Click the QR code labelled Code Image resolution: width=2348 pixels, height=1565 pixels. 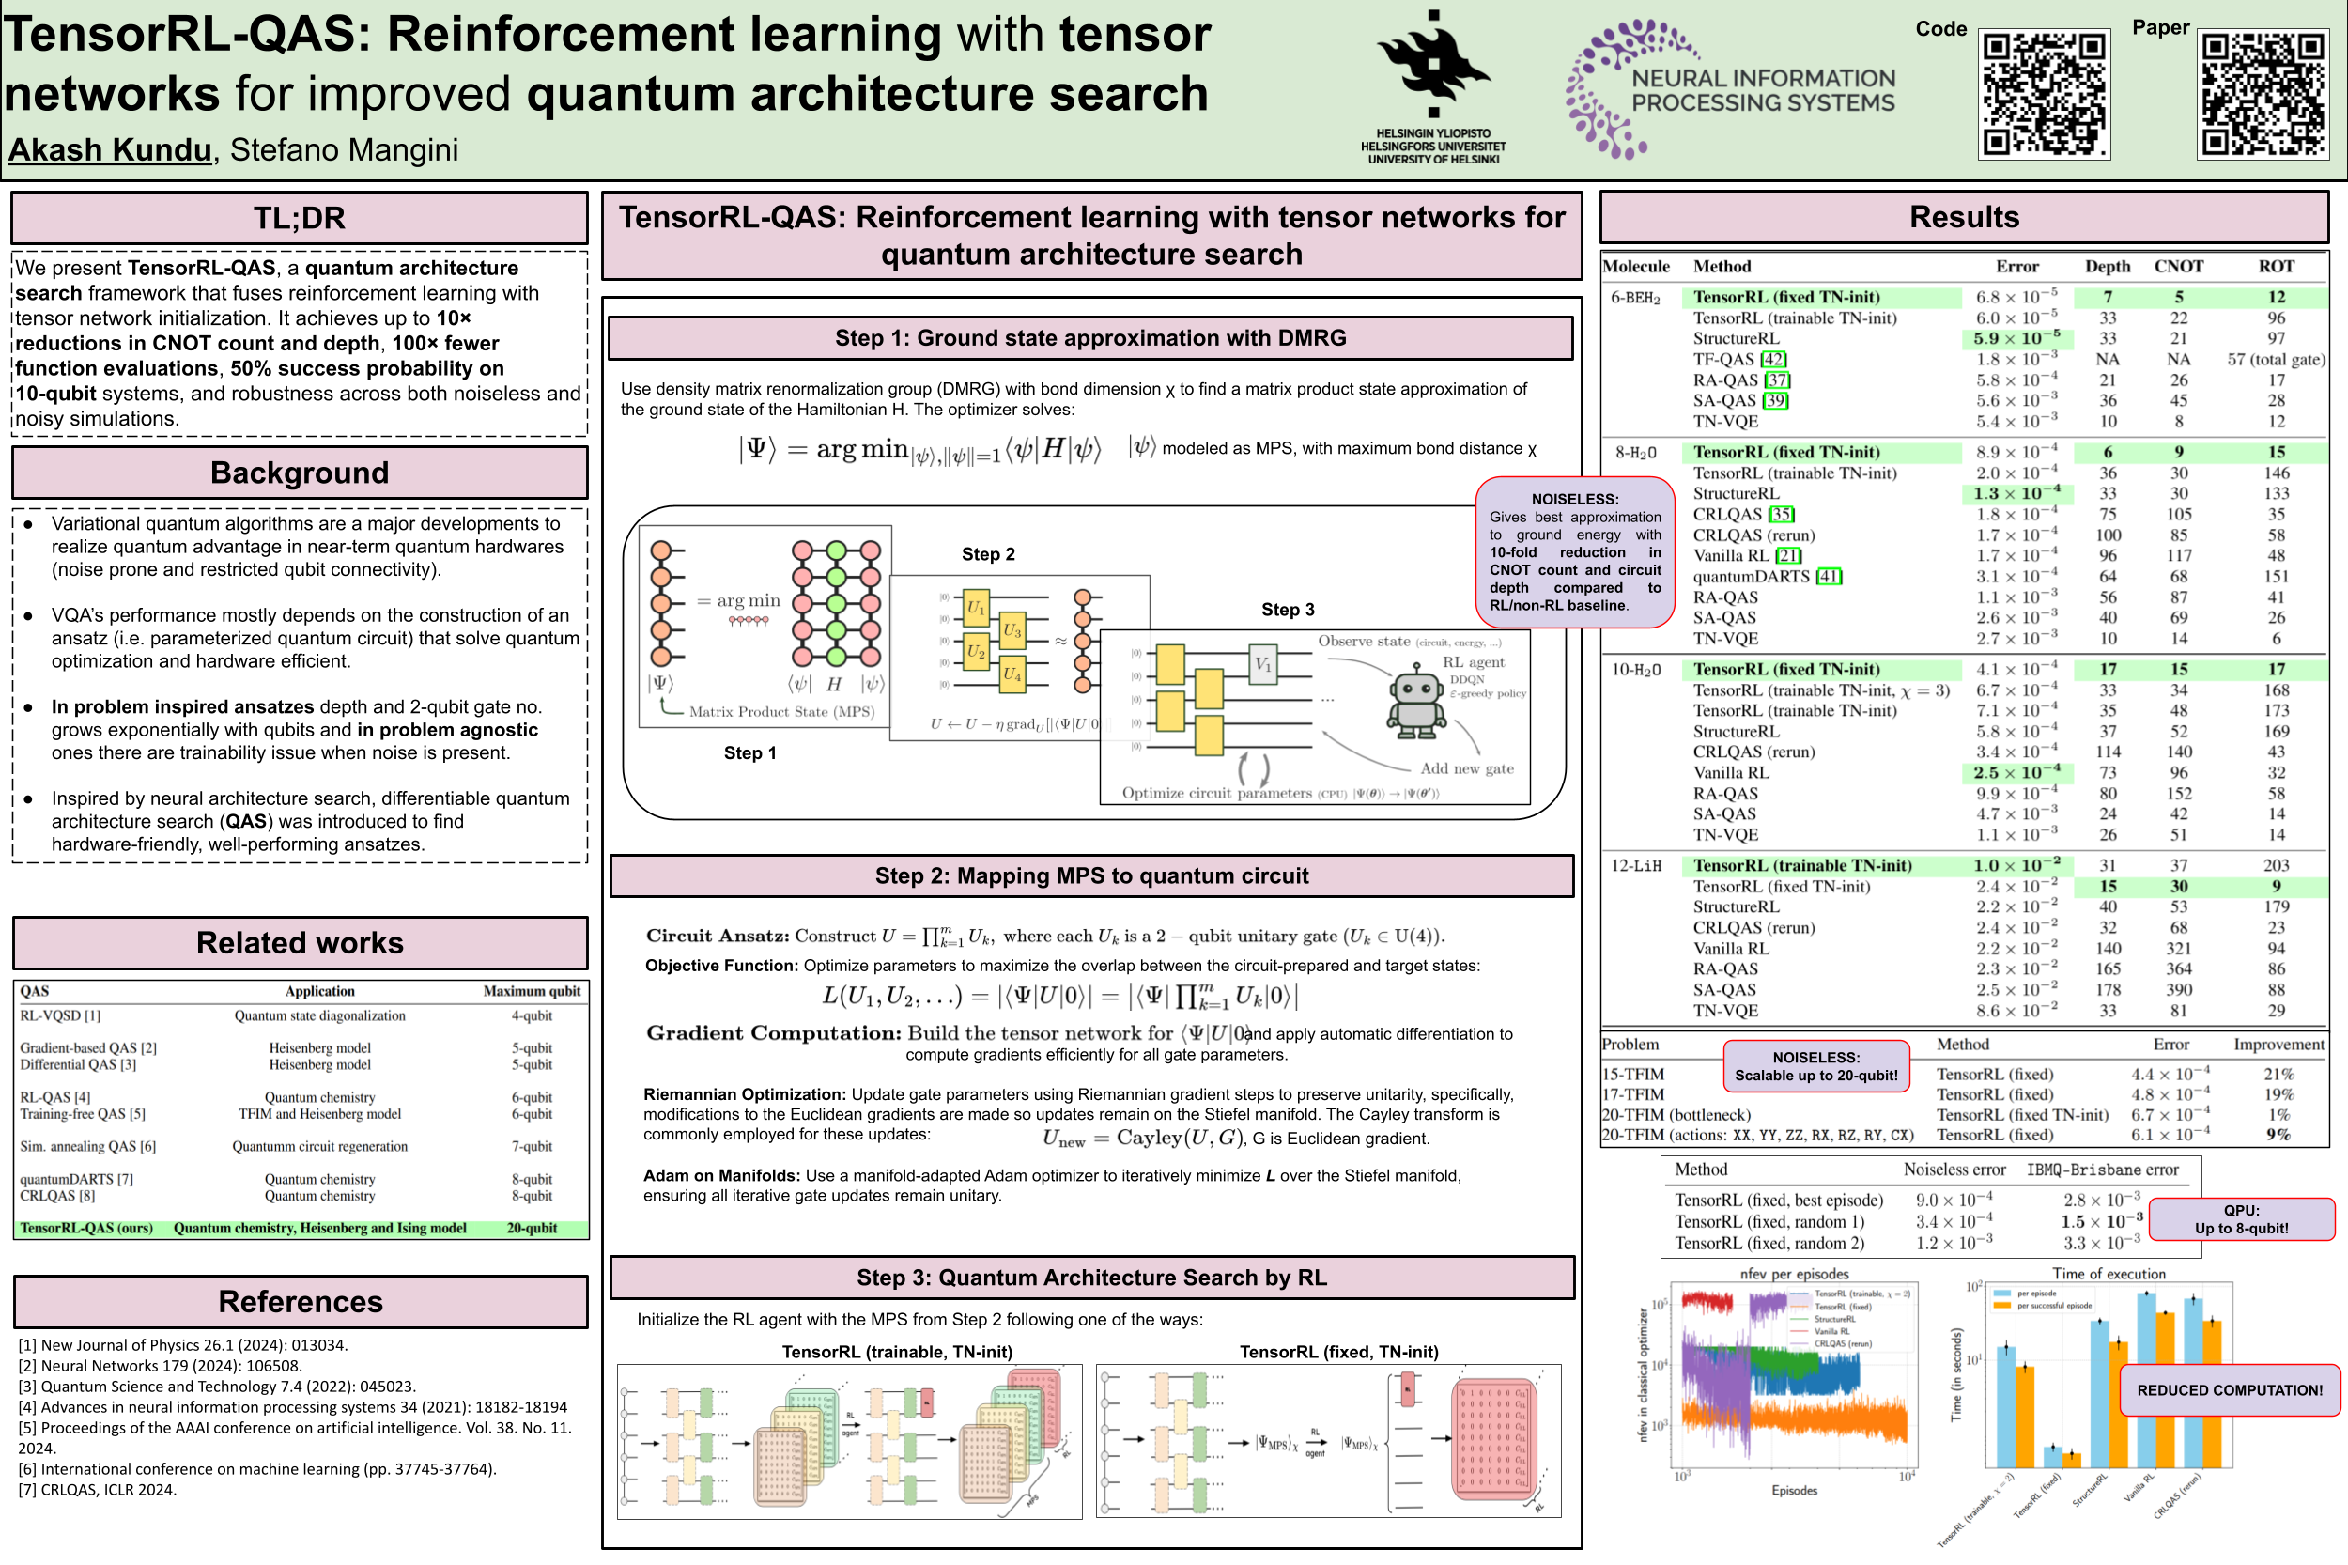(2043, 94)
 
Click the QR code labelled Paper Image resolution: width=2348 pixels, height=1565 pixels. (2263, 94)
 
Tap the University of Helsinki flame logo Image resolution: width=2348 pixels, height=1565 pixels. (1433, 66)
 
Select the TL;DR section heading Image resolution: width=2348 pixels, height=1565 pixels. (299, 218)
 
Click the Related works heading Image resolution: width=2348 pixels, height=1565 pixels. (300, 942)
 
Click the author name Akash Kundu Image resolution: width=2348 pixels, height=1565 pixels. (110, 149)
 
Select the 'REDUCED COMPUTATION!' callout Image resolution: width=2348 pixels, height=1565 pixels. (2229, 1389)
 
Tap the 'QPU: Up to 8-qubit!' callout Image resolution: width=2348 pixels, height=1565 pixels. (2240, 1218)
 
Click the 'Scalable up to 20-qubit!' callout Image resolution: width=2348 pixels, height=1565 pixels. (1815, 1066)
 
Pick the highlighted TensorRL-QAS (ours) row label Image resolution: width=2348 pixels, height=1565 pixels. (86, 1228)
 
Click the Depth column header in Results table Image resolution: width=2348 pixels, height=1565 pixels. (2107, 267)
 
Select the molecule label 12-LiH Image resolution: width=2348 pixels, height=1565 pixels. (1635, 865)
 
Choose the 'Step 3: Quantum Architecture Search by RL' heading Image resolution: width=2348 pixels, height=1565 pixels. (1090, 1278)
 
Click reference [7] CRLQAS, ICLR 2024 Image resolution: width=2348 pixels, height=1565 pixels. (98, 1489)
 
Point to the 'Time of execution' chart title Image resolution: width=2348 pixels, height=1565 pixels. (2108, 1274)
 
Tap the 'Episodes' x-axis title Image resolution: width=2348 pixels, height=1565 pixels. (1793, 1490)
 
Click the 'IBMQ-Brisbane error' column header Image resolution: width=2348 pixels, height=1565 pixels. (2102, 1169)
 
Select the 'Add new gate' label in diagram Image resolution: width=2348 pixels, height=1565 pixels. (1466, 768)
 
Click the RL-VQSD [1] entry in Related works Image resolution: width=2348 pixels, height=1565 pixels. (60, 1015)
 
